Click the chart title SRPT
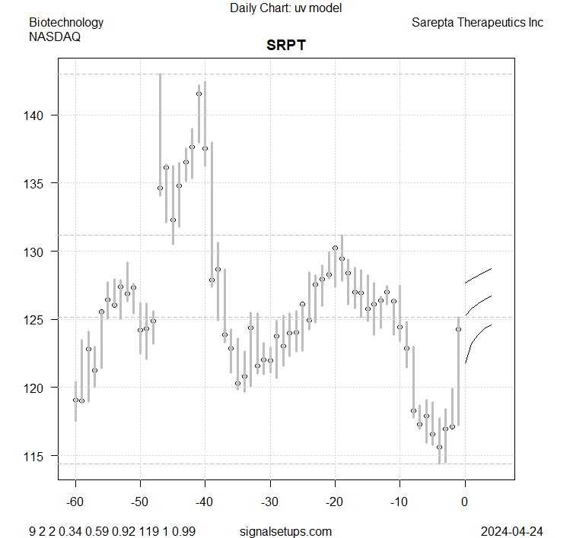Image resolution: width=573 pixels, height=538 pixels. tap(286, 46)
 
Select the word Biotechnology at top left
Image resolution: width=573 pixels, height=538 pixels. tap(66, 22)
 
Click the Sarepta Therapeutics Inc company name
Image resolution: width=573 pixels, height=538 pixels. tap(477, 22)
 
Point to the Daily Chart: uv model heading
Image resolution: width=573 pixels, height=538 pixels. tap(286, 8)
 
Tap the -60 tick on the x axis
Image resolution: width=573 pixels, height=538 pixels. tap(75, 502)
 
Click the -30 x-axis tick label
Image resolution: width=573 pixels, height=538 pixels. tap(270, 502)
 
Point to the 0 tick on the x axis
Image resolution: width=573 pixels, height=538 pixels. tap(464, 502)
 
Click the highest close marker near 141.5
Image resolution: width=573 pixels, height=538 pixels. tap(199, 94)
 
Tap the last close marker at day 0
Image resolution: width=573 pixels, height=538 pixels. tap(458, 329)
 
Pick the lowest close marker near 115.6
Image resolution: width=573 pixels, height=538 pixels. tap(439, 447)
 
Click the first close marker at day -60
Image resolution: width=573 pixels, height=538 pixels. tap(75, 400)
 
